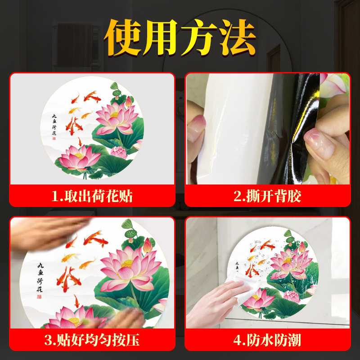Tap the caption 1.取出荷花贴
tap(92, 196)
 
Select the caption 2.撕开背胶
tap(267, 196)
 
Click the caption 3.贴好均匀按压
tap(92, 340)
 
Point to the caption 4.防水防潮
tap(267, 340)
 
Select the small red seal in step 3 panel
tap(39, 297)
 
